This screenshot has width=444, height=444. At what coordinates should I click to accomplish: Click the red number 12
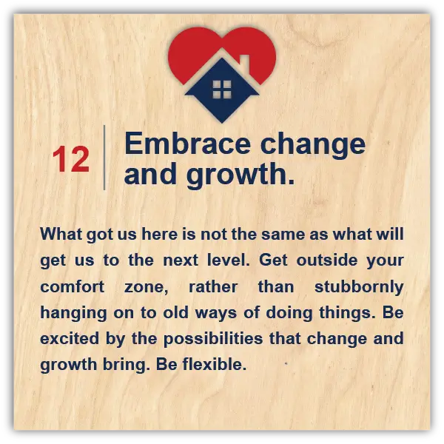click(71, 159)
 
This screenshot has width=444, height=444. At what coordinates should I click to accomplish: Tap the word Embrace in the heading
click(187, 144)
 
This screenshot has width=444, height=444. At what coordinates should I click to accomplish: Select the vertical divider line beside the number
click(104, 158)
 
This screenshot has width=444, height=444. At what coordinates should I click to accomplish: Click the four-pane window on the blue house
click(222, 90)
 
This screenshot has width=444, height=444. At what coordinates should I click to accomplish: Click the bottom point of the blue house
click(222, 123)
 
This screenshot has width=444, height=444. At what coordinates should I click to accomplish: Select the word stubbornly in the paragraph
click(359, 288)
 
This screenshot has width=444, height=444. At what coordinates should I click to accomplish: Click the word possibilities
click(213, 339)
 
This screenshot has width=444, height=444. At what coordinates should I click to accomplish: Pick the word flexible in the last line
click(215, 364)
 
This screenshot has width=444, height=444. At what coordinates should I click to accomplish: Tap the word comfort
click(73, 287)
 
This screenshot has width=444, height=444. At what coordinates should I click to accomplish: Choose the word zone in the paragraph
click(146, 288)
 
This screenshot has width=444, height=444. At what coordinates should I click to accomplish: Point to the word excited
click(70, 339)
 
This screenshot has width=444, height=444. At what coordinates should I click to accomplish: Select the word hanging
click(73, 314)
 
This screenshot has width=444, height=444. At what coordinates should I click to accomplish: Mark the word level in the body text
click(228, 260)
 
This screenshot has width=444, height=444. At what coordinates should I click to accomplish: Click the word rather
click(213, 287)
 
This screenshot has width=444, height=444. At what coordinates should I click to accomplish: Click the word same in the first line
click(283, 235)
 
